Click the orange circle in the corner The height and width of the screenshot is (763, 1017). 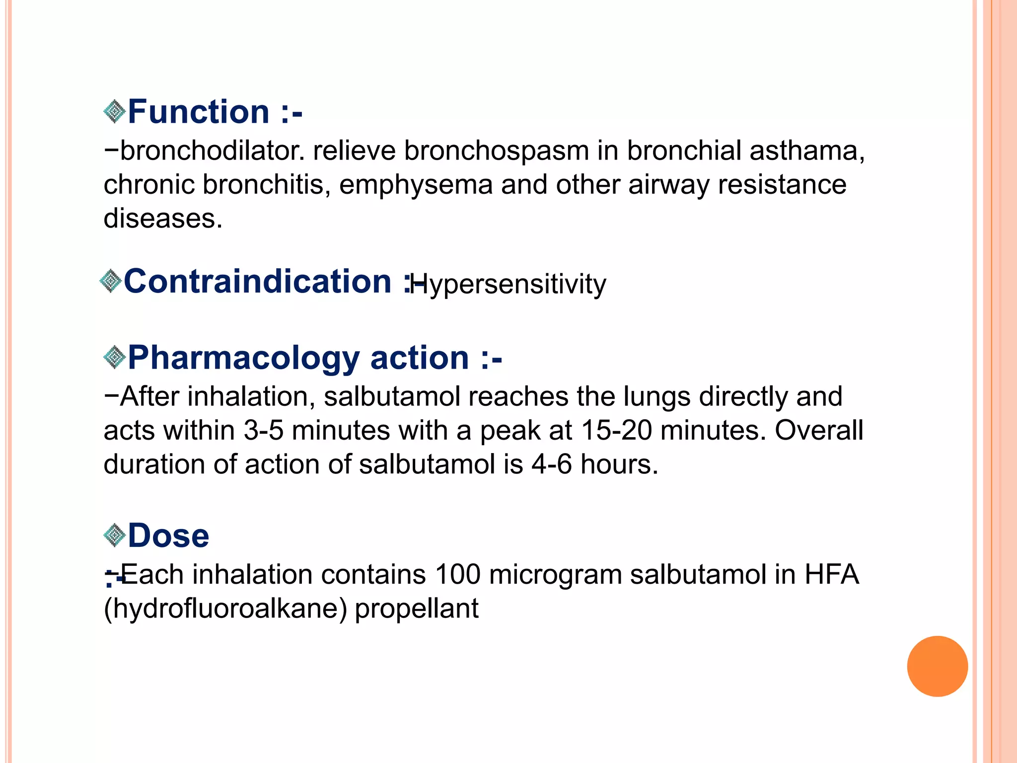click(x=937, y=666)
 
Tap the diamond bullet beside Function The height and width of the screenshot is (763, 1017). click(x=115, y=111)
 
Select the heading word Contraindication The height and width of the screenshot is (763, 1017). click(x=258, y=281)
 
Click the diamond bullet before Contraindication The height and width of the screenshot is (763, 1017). click(x=110, y=281)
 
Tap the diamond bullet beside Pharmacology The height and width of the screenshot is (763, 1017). click(x=115, y=358)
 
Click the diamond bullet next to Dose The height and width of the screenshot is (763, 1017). click(x=115, y=535)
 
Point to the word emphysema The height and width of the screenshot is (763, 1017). click(x=416, y=184)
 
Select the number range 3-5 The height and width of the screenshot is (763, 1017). click(x=263, y=430)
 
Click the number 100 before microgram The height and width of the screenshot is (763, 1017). click(x=458, y=574)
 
